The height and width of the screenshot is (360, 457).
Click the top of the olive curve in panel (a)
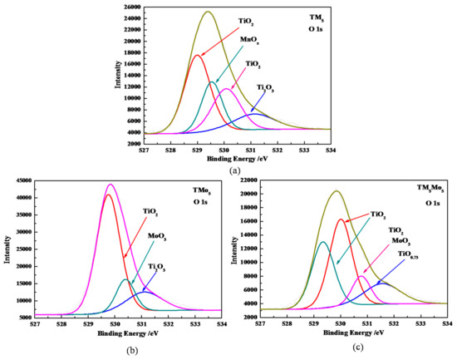208,12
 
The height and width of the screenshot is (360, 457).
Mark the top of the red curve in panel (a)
197,55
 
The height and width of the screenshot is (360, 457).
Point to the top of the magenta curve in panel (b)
110,185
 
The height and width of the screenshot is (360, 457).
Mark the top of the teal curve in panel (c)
322,242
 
